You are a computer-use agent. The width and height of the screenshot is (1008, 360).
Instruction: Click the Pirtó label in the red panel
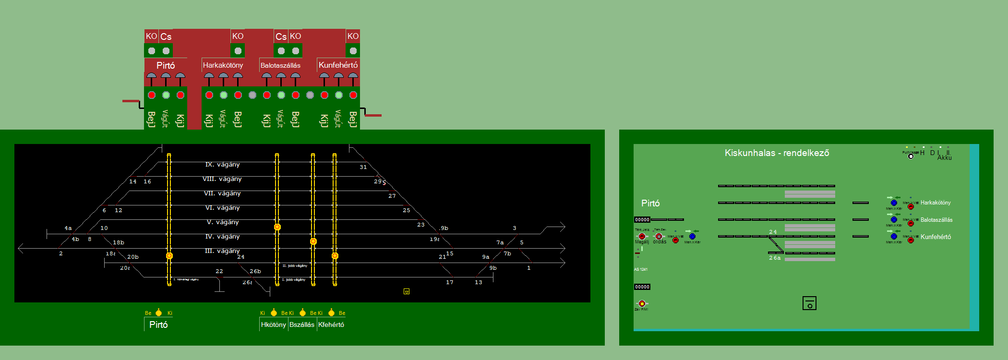coord(166,65)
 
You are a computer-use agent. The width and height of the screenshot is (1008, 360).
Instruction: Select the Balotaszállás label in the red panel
coord(280,65)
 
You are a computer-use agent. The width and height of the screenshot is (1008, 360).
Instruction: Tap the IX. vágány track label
coord(222,165)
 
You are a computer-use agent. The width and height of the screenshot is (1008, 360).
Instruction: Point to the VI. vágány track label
coord(222,208)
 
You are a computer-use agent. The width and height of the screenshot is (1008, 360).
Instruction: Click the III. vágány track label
coord(222,251)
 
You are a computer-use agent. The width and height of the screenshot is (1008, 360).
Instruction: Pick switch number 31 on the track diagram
coord(363,167)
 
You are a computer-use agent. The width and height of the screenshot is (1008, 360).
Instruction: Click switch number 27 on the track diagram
coord(392,196)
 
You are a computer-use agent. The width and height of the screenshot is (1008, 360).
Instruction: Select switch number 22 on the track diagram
coord(219,271)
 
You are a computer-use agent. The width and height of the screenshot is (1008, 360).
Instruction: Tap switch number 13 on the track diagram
coord(478,282)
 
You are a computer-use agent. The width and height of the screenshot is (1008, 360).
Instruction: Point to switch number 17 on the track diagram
coord(449,282)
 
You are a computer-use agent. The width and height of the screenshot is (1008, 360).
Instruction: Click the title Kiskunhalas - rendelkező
coord(777,153)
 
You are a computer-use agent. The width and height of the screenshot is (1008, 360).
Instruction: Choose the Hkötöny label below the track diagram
coord(273,324)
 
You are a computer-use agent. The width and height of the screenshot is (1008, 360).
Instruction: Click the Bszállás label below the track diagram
coord(302,324)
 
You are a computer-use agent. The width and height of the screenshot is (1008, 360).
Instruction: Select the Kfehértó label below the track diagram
coord(331,324)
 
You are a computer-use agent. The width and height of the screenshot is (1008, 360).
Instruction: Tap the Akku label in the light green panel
coord(944,157)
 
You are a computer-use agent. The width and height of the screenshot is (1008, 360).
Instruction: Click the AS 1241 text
coord(640,269)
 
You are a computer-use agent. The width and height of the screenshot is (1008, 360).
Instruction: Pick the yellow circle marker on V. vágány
coord(277,227)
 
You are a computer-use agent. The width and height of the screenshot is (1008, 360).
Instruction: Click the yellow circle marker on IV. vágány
coord(313,241)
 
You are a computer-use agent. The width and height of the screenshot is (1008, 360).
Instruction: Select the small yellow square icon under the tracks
coord(407,291)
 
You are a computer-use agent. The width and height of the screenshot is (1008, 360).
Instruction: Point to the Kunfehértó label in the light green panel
coord(936,237)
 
